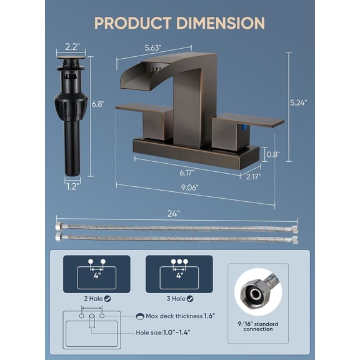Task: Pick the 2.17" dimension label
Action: (x=253, y=177)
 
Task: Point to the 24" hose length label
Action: (x=174, y=213)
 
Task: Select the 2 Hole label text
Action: (x=92, y=299)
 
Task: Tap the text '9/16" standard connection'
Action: (x=258, y=325)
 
